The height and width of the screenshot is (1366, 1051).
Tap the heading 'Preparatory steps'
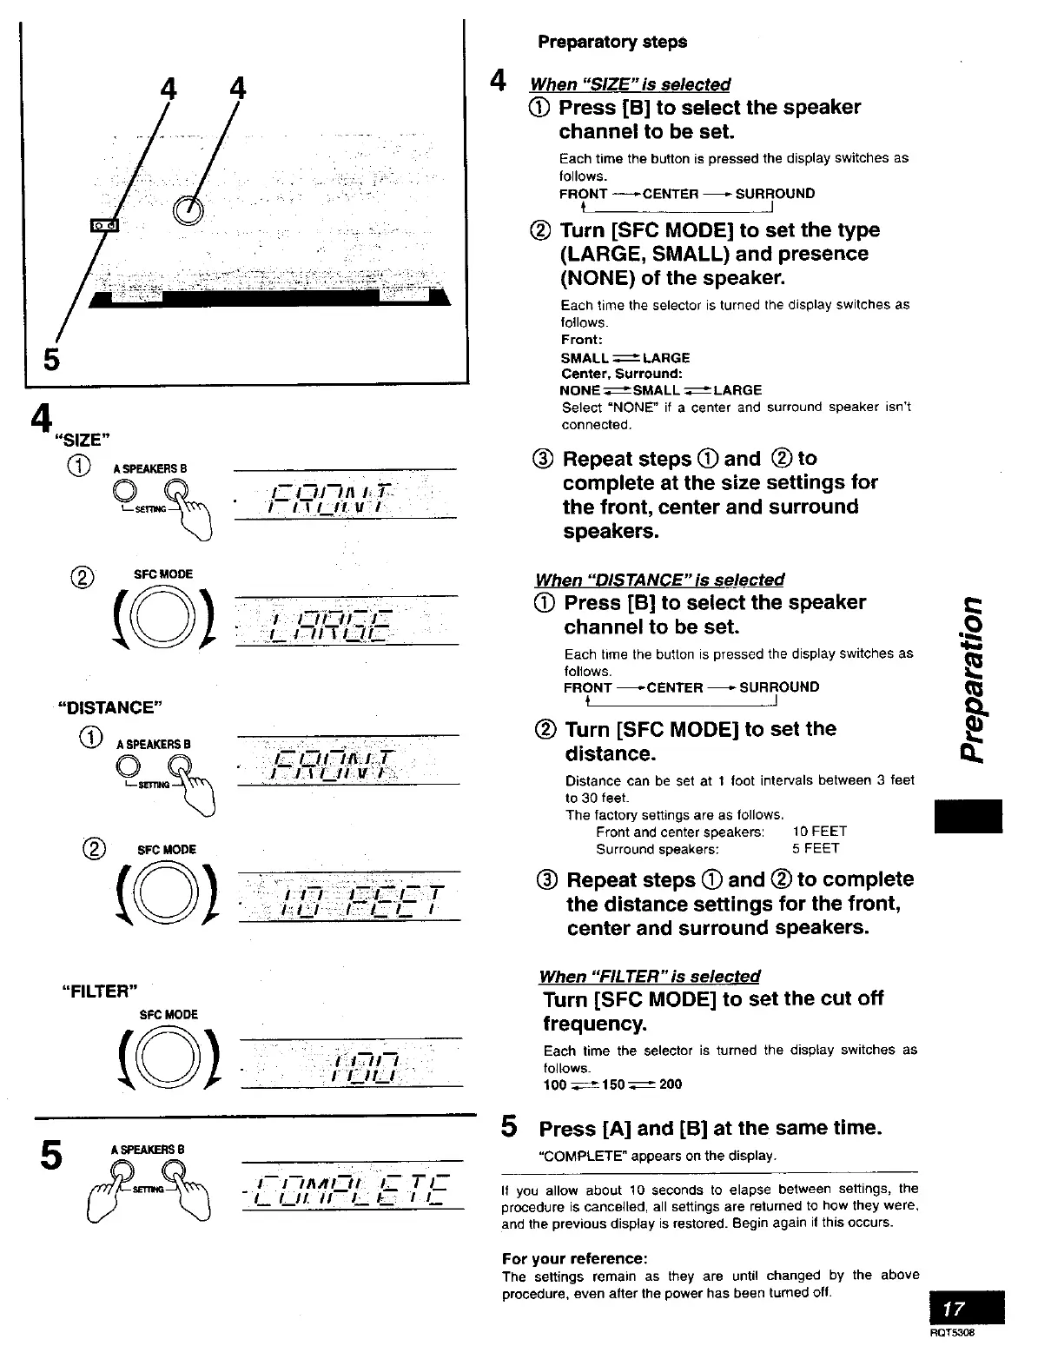coord(611,42)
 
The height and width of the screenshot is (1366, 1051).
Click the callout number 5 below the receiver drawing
coord(51,357)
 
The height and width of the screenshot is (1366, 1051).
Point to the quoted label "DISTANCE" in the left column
coord(109,706)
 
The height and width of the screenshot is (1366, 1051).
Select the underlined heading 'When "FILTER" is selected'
coord(649,976)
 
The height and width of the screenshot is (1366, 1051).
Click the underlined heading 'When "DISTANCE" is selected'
coord(659,580)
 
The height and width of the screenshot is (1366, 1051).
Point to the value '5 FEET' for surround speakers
coord(815,848)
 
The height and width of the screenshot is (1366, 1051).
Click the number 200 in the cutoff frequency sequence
coord(670,1084)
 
